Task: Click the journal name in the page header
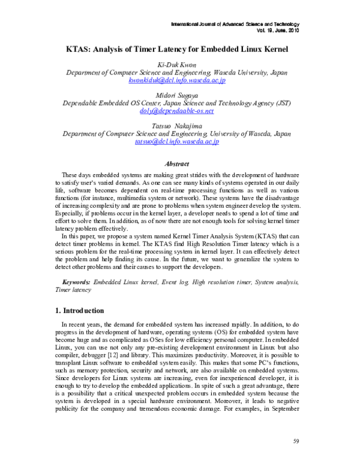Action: click(235, 23)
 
